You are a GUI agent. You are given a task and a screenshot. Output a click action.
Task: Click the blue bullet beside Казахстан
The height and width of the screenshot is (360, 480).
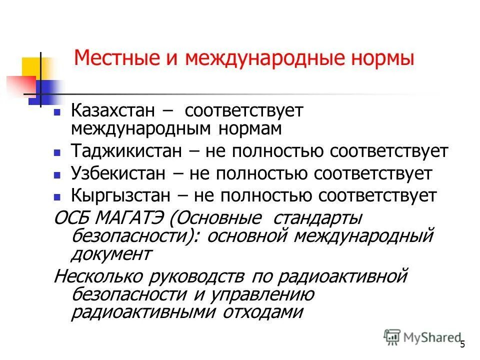click(57, 112)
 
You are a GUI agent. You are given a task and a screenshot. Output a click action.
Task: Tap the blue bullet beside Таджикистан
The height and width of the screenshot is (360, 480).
click(57, 152)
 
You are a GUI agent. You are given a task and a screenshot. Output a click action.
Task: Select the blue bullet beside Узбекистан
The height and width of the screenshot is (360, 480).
click(57, 174)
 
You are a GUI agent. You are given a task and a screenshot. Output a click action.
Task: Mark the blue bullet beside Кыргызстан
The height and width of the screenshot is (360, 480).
click(57, 196)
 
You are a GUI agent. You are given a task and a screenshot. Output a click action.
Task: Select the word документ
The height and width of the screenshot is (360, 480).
click(111, 253)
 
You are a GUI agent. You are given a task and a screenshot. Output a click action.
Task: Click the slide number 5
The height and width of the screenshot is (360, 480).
click(462, 344)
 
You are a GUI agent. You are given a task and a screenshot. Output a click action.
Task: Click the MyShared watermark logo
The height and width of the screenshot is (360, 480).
click(422, 337)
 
